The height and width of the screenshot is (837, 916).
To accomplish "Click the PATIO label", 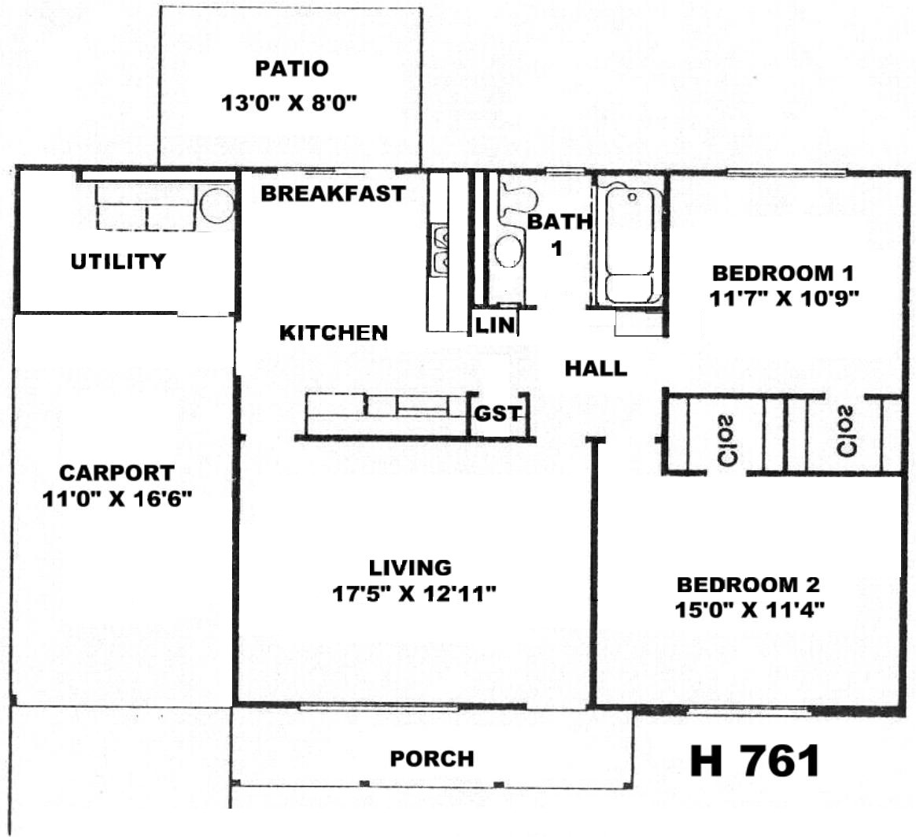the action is (x=291, y=69).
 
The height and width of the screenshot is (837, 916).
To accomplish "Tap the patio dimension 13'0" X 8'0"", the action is (x=289, y=103).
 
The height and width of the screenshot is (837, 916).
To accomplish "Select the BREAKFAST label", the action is (x=333, y=194).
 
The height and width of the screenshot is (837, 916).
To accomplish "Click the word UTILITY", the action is (x=118, y=261).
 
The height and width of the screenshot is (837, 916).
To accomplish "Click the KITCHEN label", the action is (x=334, y=332).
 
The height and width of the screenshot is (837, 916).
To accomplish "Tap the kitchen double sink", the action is (x=439, y=250).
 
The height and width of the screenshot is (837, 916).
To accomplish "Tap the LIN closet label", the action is (x=496, y=324).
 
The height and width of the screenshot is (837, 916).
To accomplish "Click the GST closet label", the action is (x=497, y=414).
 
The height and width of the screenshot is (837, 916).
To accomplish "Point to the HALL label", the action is (x=596, y=369).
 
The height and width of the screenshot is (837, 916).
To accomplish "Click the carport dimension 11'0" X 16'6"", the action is (x=117, y=498).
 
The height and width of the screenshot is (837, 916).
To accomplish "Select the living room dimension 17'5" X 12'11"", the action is (x=414, y=594).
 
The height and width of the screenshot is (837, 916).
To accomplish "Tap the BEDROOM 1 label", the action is (x=783, y=273).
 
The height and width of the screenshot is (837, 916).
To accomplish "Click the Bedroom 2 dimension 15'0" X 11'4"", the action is (x=749, y=610).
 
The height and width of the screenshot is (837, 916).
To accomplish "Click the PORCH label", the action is (x=432, y=759).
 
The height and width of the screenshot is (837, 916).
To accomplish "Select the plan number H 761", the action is (x=755, y=761).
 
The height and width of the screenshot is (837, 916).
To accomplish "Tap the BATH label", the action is (x=559, y=221).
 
